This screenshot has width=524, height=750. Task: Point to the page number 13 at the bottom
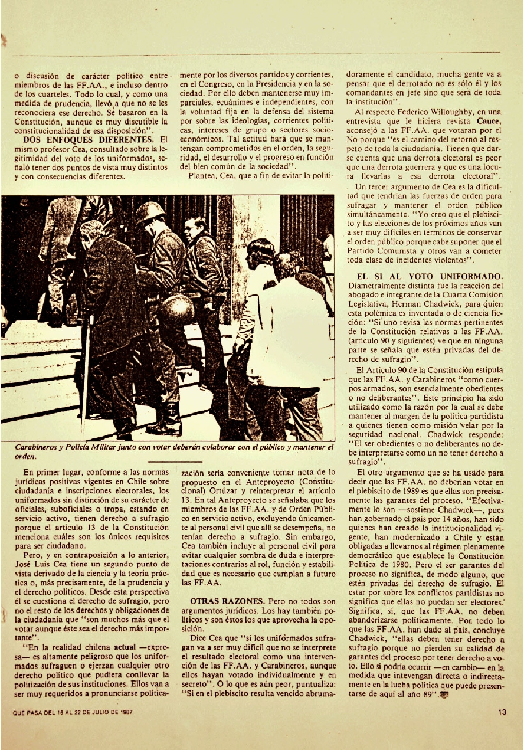click(x=502, y=712)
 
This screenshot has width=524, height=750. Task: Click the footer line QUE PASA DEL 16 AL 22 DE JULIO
click(x=73, y=712)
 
